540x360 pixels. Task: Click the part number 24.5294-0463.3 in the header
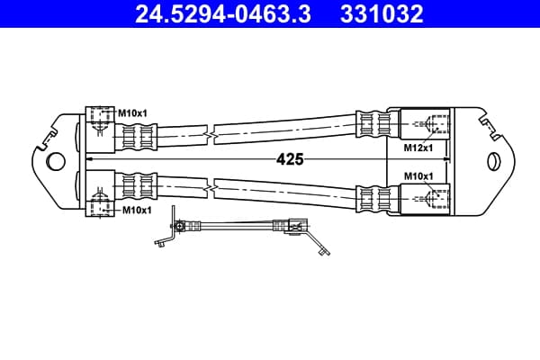(x=223, y=14)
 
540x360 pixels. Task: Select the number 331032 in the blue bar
(x=382, y=14)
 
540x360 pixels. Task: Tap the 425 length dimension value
(x=290, y=159)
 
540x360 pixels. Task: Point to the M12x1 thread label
(x=418, y=148)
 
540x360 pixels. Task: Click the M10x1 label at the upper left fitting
(x=132, y=113)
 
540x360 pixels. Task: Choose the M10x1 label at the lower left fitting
(x=137, y=210)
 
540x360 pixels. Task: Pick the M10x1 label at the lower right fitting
(x=418, y=176)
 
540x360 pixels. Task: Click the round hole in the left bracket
(x=55, y=161)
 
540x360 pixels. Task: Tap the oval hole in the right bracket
(x=494, y=161)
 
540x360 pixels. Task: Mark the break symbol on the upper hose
(x=211, y=135)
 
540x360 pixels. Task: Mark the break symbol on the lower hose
(x=211, y=188)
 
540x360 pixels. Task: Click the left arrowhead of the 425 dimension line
(x=90, y=158)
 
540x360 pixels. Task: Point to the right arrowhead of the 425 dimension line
(x=445, y=158)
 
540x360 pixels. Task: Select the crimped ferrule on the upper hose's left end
(x=136, y=137)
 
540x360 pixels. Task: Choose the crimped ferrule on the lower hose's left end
(x=136, y=186)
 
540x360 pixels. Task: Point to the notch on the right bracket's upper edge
(x=490, y=127)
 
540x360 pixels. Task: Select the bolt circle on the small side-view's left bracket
(x=179, y=226)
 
